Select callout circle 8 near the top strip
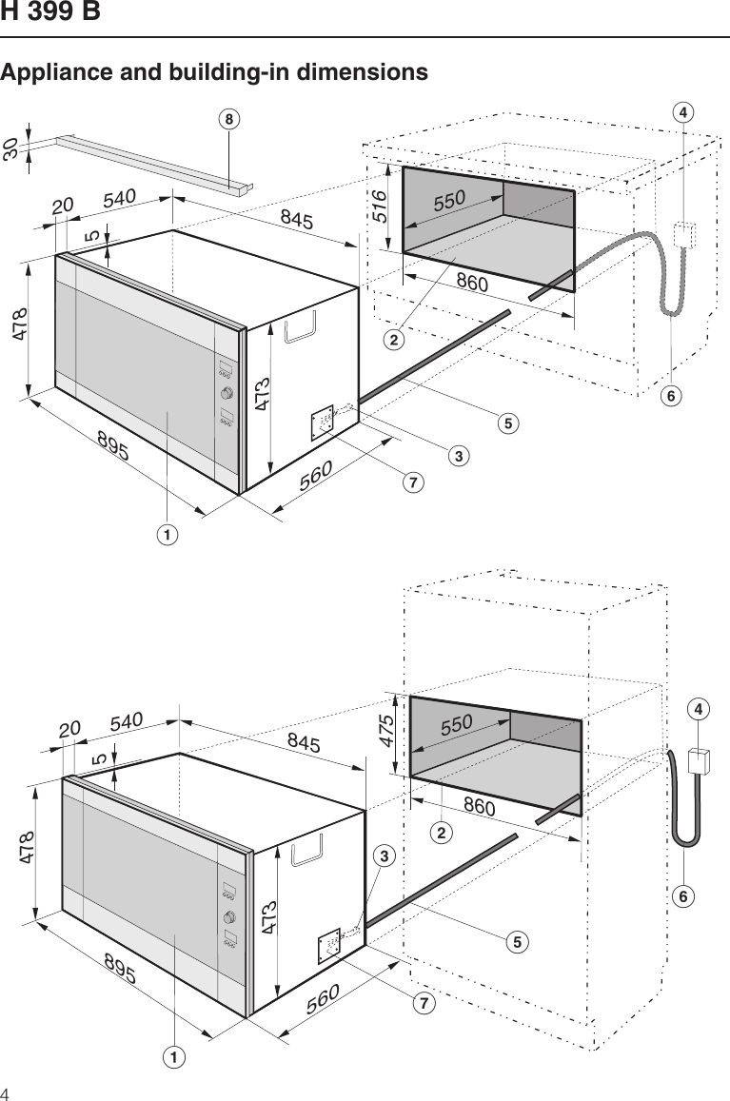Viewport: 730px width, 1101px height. pos(227,119)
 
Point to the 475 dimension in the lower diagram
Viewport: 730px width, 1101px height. pos(387,731)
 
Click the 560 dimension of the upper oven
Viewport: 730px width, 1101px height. pos(317,477)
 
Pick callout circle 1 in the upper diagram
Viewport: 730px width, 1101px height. pos(168,535)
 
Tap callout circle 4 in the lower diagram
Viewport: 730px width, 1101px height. pos(700,710)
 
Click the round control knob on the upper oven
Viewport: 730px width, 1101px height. pos(227,394)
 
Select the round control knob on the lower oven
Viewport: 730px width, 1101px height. pos(230,916)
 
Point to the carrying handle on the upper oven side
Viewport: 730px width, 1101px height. pos(302,327)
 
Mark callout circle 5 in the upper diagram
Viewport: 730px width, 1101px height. pos(510,422)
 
